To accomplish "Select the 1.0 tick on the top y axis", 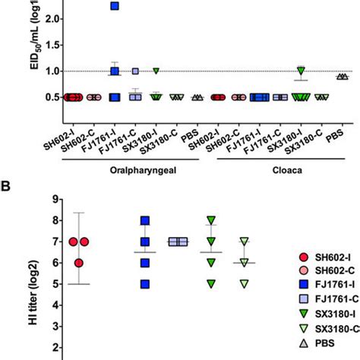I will [x=47, y=71].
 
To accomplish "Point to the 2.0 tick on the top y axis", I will [x=47, y=15].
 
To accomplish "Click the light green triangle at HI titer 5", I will [x=243, y=284].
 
